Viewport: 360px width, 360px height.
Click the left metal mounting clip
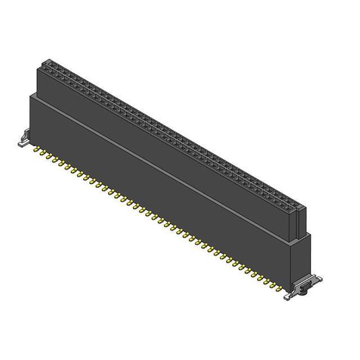coord(24,137)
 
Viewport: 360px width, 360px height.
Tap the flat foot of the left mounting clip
coord(21,144)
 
